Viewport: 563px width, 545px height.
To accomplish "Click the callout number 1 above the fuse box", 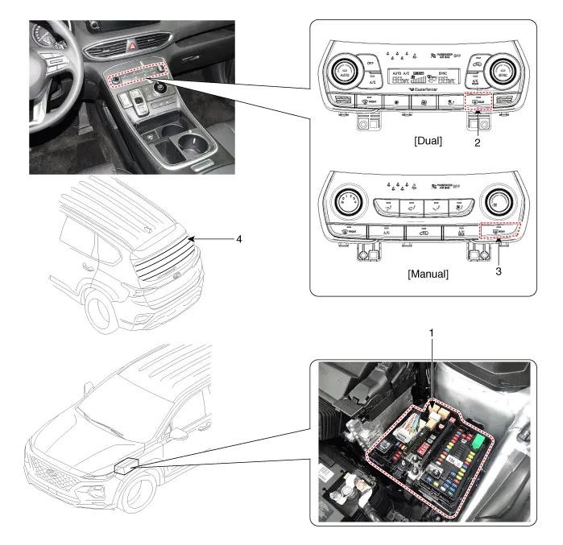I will tap(433, 332).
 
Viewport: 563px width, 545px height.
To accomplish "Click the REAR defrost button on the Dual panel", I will tap(478, 102).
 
